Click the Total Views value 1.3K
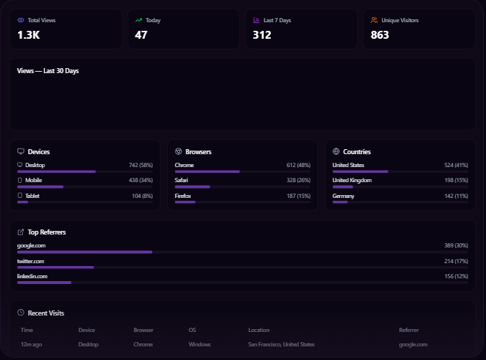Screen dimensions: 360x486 click(x=29, y=34)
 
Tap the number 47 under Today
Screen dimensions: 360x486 click(x=141, y=34)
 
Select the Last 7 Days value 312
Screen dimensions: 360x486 click(x=262, y=34)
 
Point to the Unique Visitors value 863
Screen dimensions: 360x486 click(x=380, y=34)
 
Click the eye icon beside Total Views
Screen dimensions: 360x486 click(x=21, y=20)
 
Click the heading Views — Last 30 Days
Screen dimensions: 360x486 click(x=48, y=71)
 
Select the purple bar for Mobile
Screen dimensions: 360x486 click(x=40, y=186)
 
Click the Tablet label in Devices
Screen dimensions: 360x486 click(x=32, y=195)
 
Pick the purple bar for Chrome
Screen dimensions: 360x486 click(x=207, y=171)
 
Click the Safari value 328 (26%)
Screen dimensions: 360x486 click(x=297, y=180)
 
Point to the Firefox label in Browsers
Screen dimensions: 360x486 click(x=183, y=195)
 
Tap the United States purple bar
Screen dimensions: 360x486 click(x=360, y=171)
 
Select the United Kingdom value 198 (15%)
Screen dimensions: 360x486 click(x=452, y=180)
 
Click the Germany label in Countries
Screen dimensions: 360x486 click(x=344, y=195)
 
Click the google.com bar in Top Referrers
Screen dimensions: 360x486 click(x=85, y=252)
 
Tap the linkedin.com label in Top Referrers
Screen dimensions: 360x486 click(x=32, y=276)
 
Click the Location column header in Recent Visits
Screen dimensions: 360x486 click(x=259, y=330)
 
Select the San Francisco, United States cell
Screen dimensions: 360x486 click(x=281, y=344)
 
